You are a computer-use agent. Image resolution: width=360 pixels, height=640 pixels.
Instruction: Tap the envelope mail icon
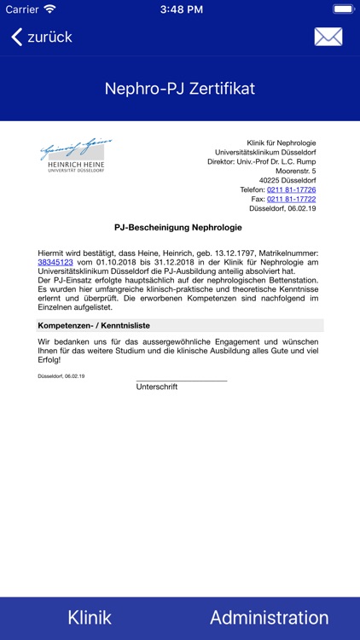point(328,37)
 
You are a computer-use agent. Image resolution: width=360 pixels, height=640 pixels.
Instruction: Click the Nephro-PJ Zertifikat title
point(180,89)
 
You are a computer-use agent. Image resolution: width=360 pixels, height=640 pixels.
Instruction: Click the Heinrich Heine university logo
point(76,155)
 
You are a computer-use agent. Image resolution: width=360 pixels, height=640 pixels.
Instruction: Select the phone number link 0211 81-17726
point(291,189)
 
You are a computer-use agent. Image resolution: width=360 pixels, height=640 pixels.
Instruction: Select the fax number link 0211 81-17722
point(291,199)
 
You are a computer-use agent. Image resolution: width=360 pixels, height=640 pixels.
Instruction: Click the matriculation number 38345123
point(55,263)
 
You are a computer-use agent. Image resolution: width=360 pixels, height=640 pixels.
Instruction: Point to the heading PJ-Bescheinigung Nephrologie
point(178,228)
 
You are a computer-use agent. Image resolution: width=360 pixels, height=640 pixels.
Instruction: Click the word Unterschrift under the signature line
point(157,387)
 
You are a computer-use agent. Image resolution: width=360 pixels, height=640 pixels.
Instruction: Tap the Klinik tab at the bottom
point(90,618)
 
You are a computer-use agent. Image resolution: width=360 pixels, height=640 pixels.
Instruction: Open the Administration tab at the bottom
point(269,618)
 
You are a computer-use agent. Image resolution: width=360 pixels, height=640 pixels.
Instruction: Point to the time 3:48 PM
point(179,9)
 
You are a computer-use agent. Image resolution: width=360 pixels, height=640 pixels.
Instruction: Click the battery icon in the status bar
point(344,9)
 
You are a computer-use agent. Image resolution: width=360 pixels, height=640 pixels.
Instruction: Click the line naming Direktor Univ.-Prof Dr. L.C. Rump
point(261,161)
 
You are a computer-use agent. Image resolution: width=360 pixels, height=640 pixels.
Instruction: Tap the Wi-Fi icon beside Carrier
point(49,9)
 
